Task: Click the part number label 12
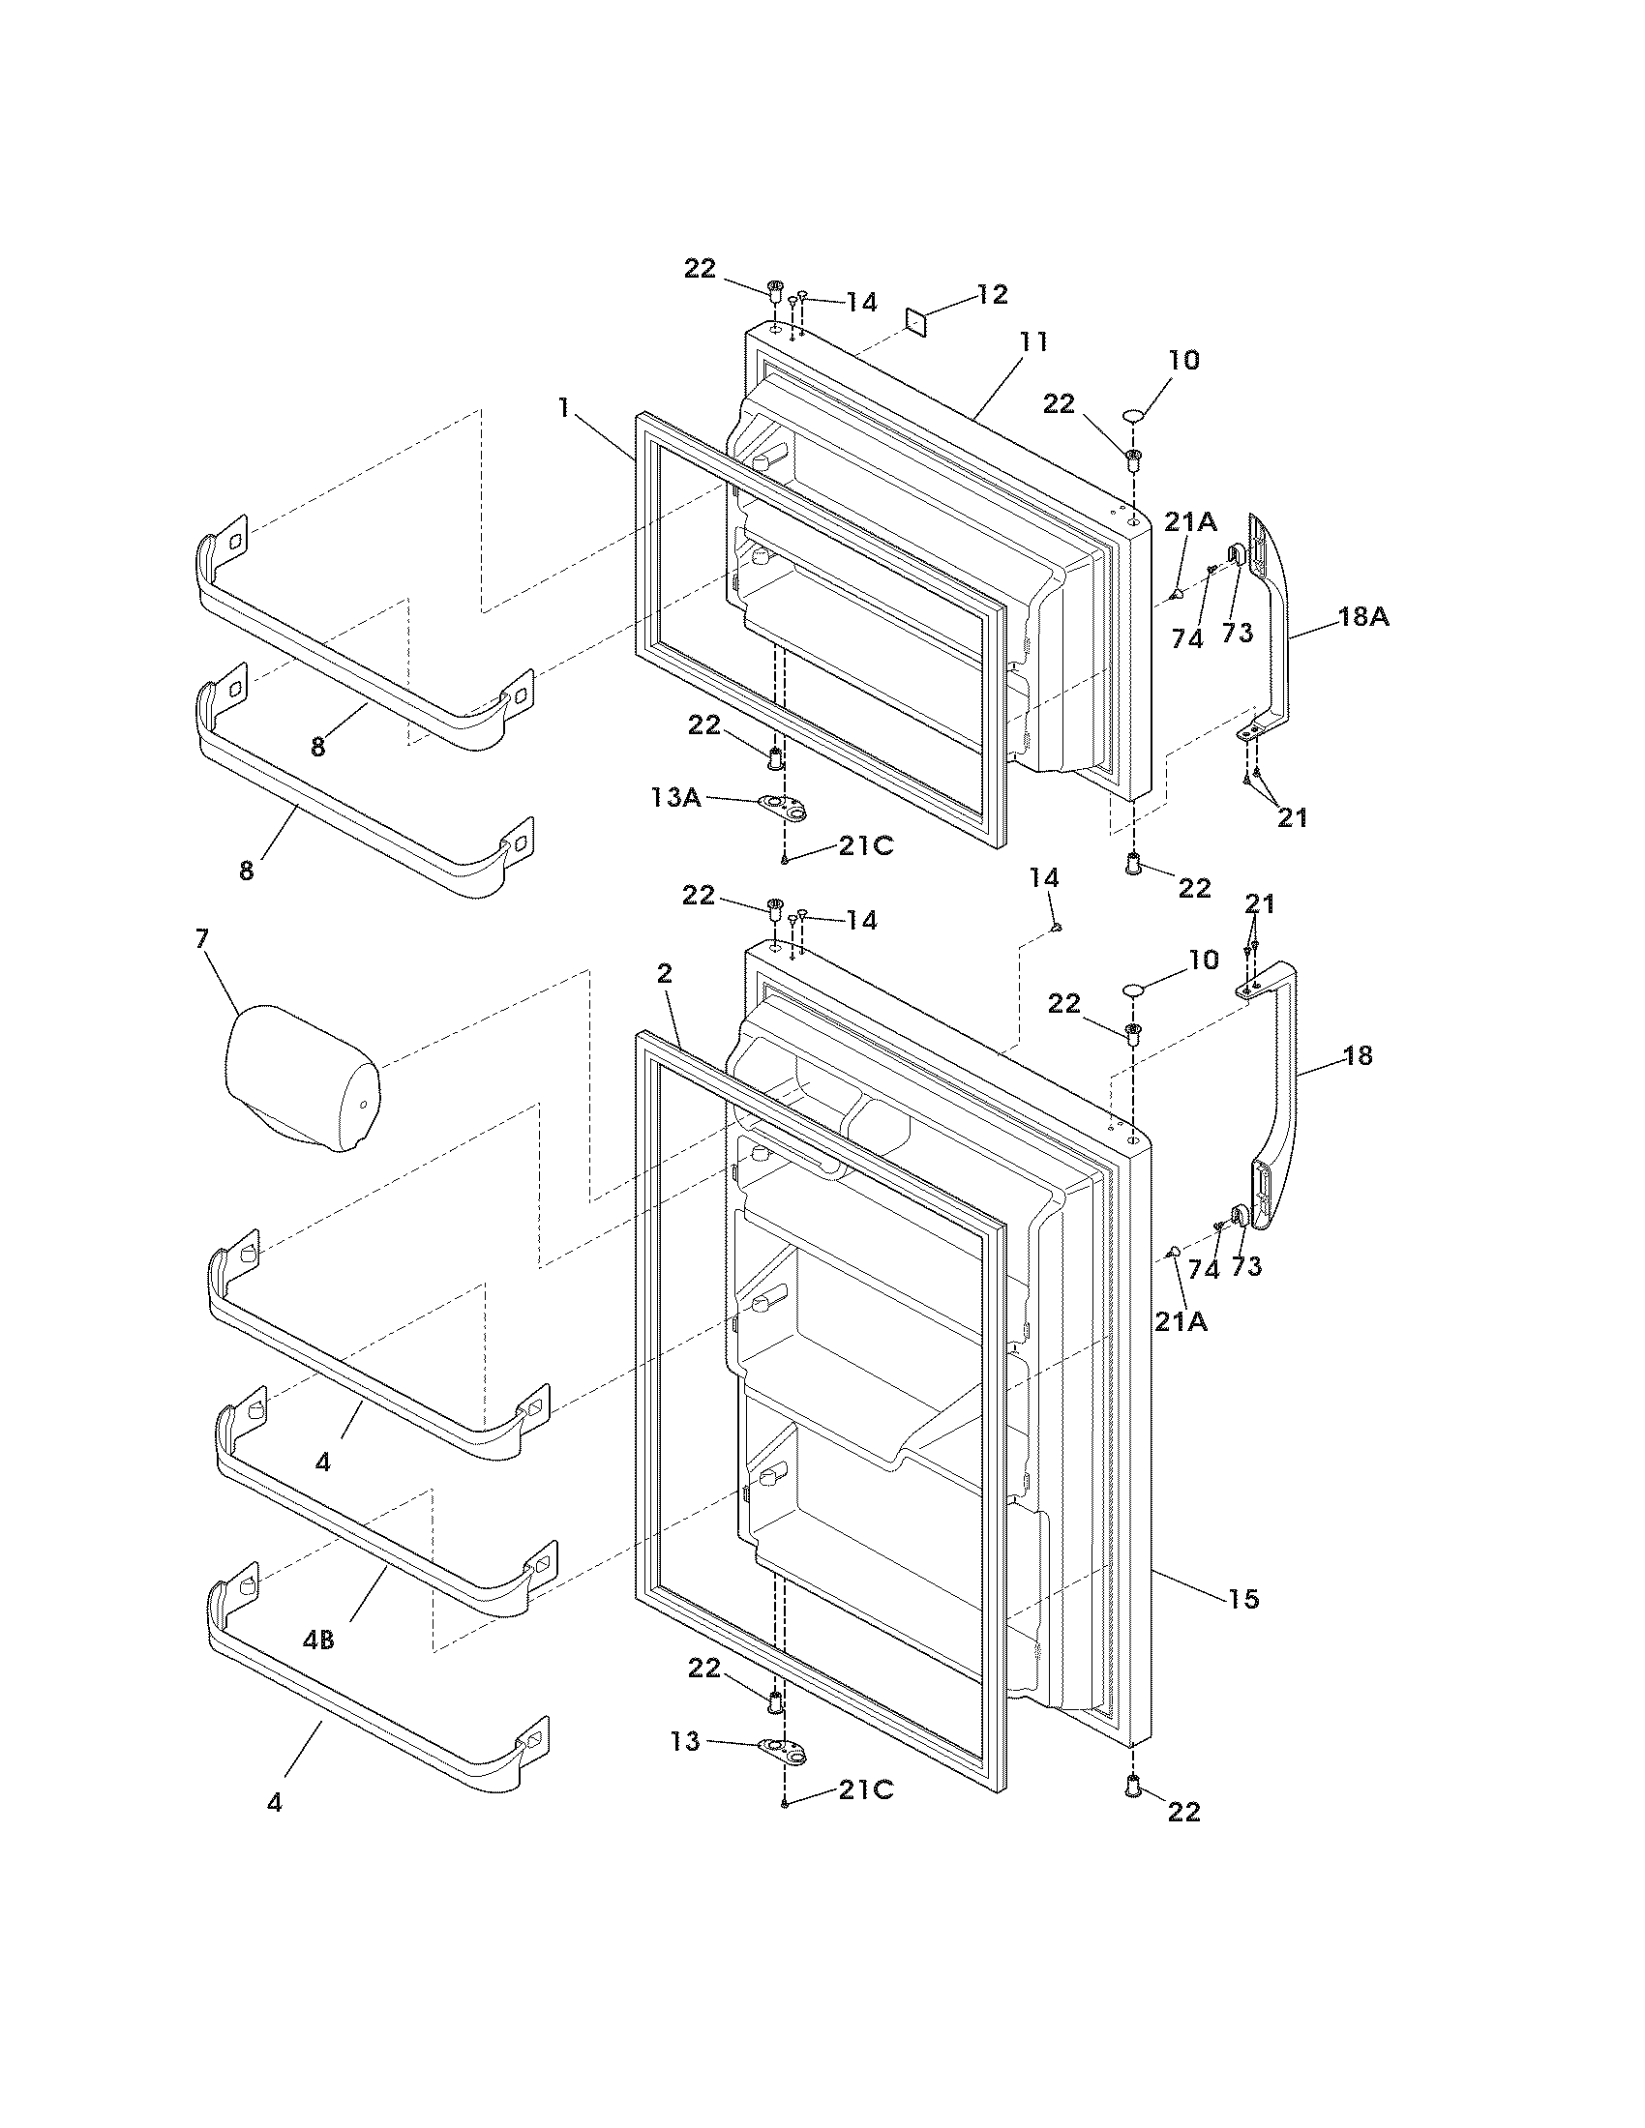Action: tap(992, 294)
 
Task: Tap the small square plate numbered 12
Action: tap(917, 320)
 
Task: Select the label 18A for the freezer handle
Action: tap(1362, 617)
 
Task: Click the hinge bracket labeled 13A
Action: tap(785, 805)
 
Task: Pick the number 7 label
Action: tap(201, 939)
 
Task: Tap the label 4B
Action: tap(318, 1640)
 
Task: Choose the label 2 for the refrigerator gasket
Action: tap(665, 972)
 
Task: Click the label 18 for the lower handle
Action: tap(1358, 1055)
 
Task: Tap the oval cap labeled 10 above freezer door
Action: tap(1133, 416)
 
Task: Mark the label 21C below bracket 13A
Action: tap(866, 845)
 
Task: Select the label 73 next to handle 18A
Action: tap(1238, 634)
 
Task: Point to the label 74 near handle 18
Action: tap(1204, 1271)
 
